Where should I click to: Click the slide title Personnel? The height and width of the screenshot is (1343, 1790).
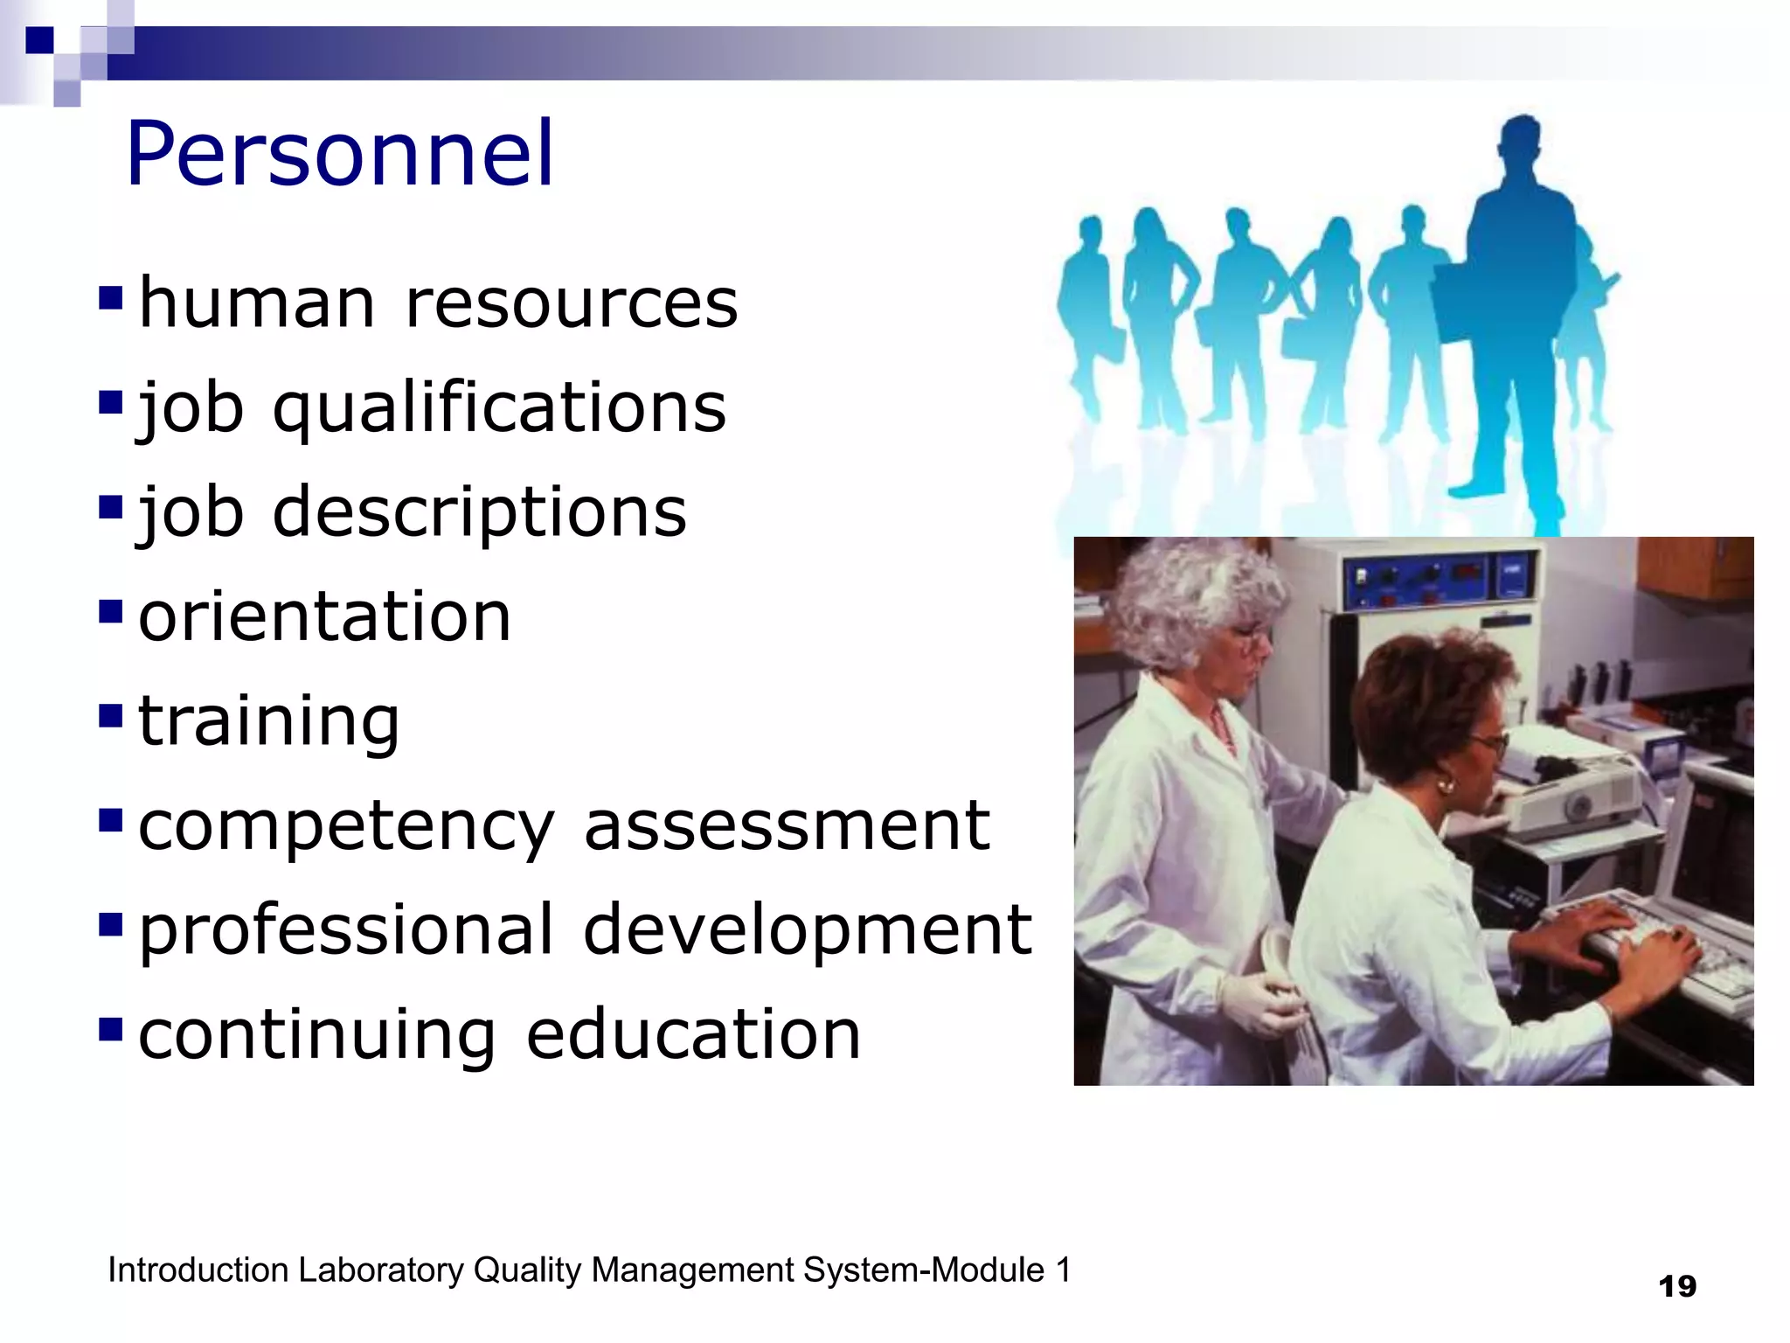click(339, 155)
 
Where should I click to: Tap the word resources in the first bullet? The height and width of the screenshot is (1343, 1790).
click(572, 303)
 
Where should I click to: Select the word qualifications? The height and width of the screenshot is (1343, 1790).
click(499, 408)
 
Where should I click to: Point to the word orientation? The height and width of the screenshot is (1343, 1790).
click(324, 616)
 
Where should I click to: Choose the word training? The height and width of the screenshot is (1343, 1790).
click(268, 721)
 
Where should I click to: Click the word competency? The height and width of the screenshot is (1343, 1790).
click(346, 826)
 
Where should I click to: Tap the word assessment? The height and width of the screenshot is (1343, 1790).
click(787, 826)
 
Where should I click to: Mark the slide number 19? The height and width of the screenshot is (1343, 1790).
click(1677, 1286)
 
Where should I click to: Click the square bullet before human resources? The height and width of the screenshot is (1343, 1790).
click(110, 299)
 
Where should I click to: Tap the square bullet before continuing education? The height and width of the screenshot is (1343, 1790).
click(110, 1030)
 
